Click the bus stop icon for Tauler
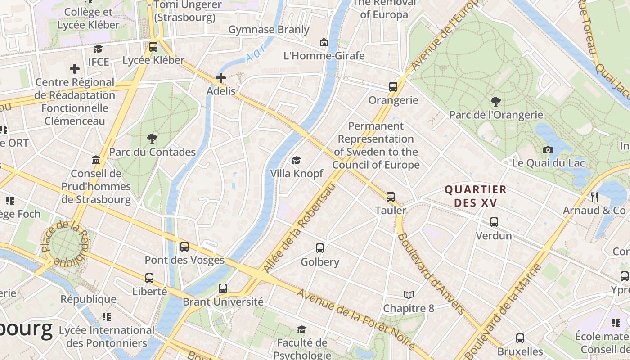[x=391, y=197]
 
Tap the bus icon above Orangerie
[x=393, y=87]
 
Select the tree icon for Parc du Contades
[x=152, y=139]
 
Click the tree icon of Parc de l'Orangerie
[x=496, y=102]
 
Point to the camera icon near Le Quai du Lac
[x=548, y=150]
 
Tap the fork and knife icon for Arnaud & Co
[x=594, y=197]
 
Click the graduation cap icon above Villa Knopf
[x=296, y=160]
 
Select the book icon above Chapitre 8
[x=409, y=295]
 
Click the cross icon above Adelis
[x=221, y=78]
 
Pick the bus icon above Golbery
[x=320, y=248]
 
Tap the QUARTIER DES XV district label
[x=476, y=196]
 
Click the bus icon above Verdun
[x=494, y=222]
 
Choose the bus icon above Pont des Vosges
[x=184, y=246]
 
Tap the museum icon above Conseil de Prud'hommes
[x=96, y=160]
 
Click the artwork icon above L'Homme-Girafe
[x=324, y=43]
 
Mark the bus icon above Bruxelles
[x=520, y=338]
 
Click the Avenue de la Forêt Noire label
[x=355, y=319]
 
